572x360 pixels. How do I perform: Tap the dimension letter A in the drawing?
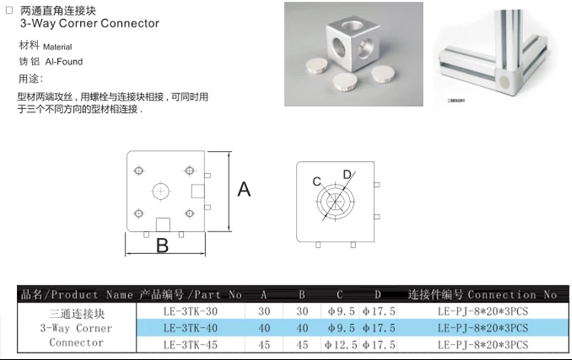243,189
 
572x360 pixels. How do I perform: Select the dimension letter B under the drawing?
162,246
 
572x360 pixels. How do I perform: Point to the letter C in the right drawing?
317,182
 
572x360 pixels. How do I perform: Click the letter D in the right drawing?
347,175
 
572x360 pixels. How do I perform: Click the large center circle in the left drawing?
162,191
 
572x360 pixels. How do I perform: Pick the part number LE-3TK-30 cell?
190,311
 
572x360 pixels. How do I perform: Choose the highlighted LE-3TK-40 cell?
190,328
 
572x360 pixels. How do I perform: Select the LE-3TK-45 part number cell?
190,345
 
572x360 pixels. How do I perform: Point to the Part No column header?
190,294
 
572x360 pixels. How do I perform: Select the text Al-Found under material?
63,61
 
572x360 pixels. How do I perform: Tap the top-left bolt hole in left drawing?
138,169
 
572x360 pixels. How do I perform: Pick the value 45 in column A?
264,345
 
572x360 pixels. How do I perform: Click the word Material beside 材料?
58,47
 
